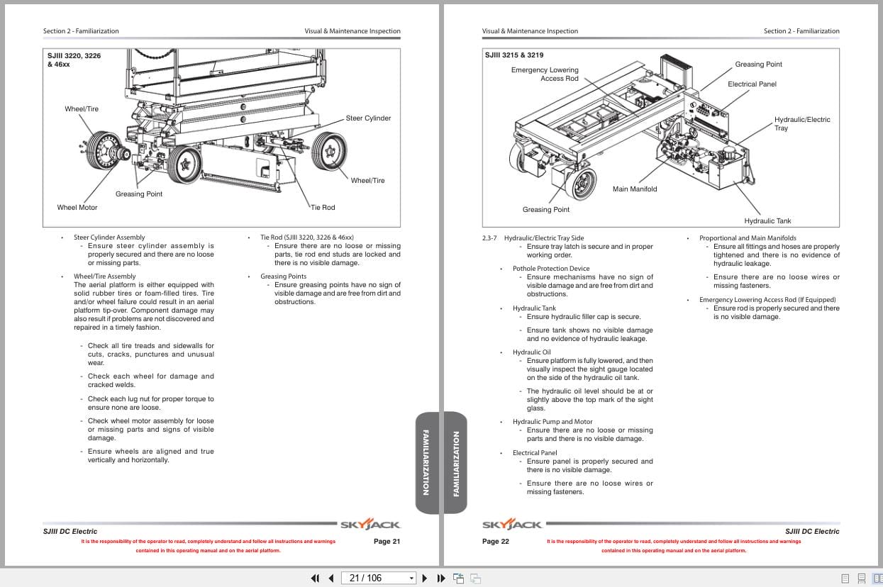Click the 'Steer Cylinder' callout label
[368, 118]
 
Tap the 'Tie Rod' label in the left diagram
[323, 208]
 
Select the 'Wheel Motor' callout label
[77, 208]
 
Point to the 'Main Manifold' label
[635, 189]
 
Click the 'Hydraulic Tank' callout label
[767, 221]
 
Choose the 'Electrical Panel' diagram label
[752, 84]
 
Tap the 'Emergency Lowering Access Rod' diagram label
[545, 74]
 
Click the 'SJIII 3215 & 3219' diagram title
[514, 55]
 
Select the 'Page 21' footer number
[387, 542]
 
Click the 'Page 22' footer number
[496, 542]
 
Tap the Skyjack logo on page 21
[370, 525]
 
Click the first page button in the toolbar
[315, 578]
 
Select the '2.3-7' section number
[489, 238]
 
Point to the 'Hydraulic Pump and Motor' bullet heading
[552, 422]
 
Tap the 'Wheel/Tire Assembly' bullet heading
[104, 276]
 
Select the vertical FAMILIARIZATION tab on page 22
[455, 462]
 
